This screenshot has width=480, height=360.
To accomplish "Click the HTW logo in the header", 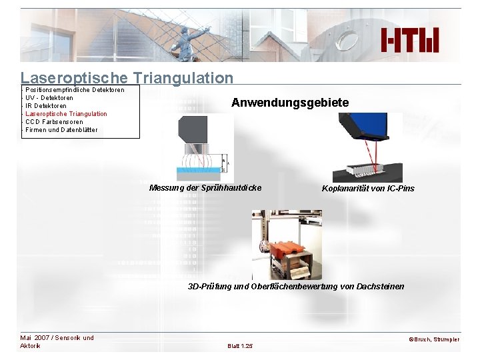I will pyautogui.click(x=410, y=40).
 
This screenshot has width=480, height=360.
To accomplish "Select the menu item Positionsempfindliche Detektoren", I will pyautogui.click(x=74, y=90).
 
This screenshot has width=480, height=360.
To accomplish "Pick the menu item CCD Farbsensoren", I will pyautogui.click(x=54, y=122).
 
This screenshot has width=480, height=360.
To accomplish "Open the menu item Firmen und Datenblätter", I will pyautogui.click(x=61, y=130).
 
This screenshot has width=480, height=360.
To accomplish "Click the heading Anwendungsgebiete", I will pyautogui.click(x=289, y=103).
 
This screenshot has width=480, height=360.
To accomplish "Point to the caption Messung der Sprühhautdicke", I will pyautogui.click(x=205, y=188).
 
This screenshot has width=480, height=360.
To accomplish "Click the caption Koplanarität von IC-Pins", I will pyautogui.click(x=368, y=189).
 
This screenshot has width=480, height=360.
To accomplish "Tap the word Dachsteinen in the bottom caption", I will pyautogui.click(x=379, y=287).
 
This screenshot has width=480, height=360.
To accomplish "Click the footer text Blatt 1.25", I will pyautogui.click(x=239, y=346).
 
